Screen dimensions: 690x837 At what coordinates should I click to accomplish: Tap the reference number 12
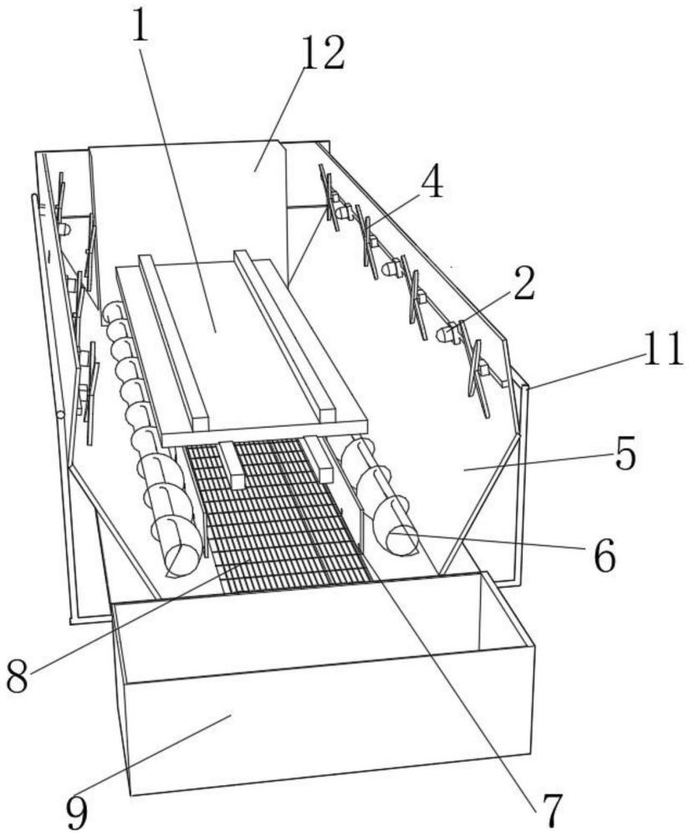coord(323,54)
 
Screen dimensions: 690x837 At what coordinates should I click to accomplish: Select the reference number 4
coord(432,185)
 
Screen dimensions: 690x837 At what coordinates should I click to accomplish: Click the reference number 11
coord(662,349)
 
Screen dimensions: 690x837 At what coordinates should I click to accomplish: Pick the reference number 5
coord(626,454)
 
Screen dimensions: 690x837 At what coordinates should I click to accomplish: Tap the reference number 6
coord(605,556)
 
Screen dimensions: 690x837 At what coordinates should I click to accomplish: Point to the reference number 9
coord(78,811)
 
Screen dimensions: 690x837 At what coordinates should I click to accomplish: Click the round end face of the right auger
coord(402,541)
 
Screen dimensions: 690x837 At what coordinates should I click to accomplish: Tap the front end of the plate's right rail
coord(326,412)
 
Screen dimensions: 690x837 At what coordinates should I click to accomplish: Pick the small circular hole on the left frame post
coord(60,415)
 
